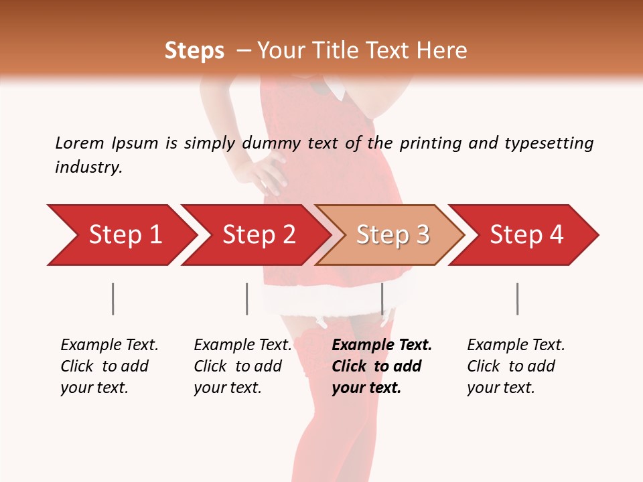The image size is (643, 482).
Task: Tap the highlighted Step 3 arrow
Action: point(390,235)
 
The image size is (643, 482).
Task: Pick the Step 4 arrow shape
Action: point(524,235)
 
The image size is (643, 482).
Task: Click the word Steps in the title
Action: point(194,51)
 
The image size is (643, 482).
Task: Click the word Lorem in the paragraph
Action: point(80,143)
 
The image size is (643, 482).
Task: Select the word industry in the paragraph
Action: point(88,167)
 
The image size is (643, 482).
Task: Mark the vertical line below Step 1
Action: point(113,299)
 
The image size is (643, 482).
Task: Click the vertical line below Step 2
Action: point(246,299)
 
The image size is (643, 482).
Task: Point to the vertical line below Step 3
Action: point(382,299)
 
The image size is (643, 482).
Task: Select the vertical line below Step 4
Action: point(517,299)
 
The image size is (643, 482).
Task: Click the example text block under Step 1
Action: point(109,366)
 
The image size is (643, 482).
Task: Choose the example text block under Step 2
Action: point(242,366)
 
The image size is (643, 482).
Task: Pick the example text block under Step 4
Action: point(516,366)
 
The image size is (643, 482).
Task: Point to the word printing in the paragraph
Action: point(428,143)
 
